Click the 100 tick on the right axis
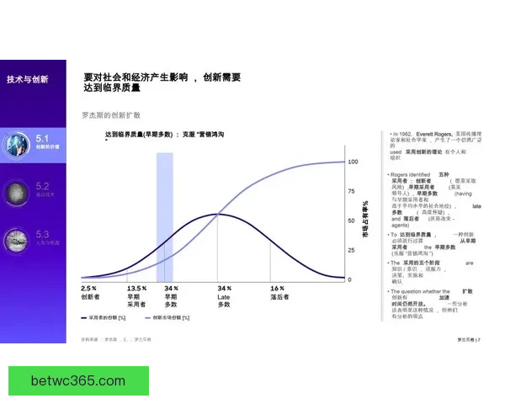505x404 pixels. point(353,161)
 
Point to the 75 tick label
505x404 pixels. point(352,191)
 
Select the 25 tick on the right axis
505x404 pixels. point(352,250)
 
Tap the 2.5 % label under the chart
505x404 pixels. point(88,288)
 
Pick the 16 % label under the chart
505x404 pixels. point(277,288)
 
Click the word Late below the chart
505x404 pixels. point(224,296)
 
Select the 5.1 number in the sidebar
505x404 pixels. point(43,136)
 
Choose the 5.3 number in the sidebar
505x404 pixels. point(43,234)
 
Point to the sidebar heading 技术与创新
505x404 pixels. point(28,79)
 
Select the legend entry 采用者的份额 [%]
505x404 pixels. point(105,317)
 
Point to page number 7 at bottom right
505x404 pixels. point(479,339)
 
